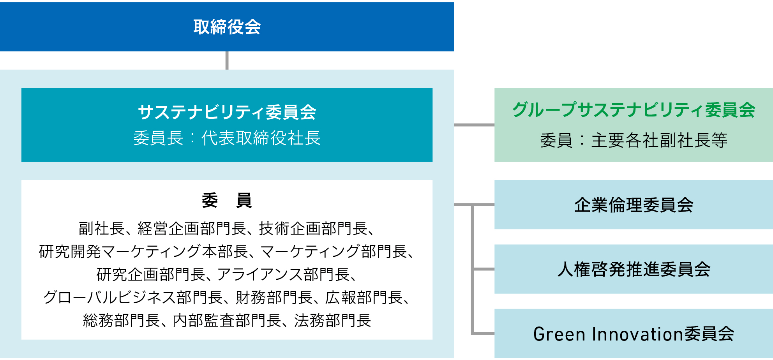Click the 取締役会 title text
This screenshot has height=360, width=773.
point(227,27)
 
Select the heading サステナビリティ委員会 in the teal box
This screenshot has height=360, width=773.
point(227,112)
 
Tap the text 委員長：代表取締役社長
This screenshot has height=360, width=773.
point(227,138)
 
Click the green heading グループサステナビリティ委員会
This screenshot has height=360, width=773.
point(634,110)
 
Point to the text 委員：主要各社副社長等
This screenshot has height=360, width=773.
point(634,140)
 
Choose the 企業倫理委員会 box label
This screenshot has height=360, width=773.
point(634,205)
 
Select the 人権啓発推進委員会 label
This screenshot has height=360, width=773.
point(634,269)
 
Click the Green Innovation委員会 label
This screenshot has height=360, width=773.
point(634,334)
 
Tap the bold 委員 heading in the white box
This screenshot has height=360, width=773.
point(227,200)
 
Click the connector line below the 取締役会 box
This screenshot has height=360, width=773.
point(227,60)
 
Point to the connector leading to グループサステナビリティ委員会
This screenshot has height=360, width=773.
point(474,125)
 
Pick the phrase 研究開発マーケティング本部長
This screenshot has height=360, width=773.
point(143,252)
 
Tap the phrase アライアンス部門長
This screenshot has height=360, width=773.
point(283,275)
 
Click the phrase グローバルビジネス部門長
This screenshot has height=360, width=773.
point(132,298)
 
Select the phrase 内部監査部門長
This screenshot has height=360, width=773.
point(227,321)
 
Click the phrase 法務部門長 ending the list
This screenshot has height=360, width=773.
point(332,321)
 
